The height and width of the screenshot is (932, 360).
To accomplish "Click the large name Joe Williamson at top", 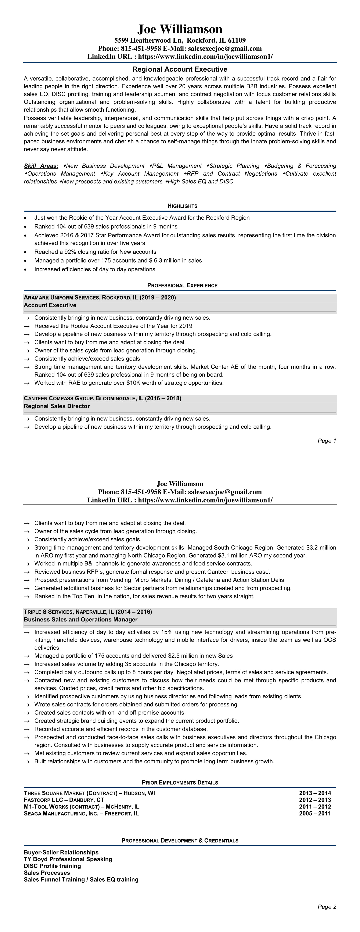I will (x=180, y=29).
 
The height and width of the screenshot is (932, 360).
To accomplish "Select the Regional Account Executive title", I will (x=180, y=69).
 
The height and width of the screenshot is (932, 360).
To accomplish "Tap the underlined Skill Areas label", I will (x=41, y=166).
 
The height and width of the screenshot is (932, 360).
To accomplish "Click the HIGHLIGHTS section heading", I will (x=182, y=206).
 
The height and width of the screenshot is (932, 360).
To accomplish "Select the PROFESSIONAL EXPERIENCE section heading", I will (x=182, y=286).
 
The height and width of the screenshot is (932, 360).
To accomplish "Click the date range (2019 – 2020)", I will (x=161, y=297).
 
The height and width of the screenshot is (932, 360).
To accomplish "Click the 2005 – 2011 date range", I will (x=315, y=814).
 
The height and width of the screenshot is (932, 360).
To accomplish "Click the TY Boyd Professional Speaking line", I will (x=68, y=859).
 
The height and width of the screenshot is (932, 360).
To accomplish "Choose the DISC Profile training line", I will (x=53, y=866).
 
